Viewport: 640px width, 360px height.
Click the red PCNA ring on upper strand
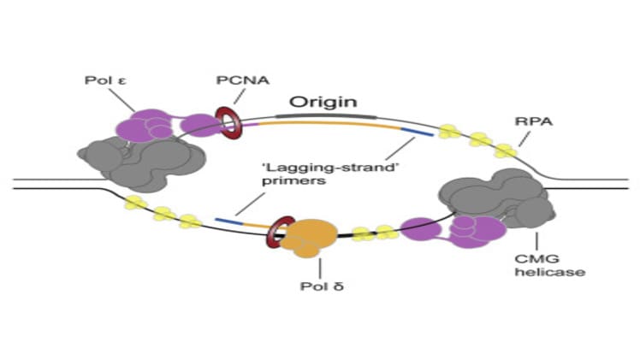pos(228,122)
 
